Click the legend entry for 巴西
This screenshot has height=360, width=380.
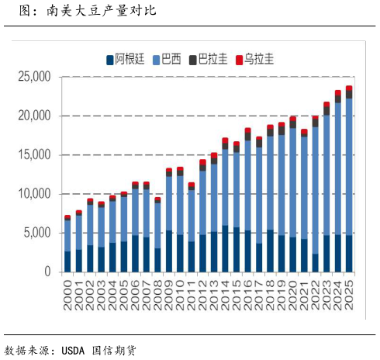(175, 58)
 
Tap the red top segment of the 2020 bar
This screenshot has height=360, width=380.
(292, 119)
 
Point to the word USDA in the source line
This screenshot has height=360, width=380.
(73, 350)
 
